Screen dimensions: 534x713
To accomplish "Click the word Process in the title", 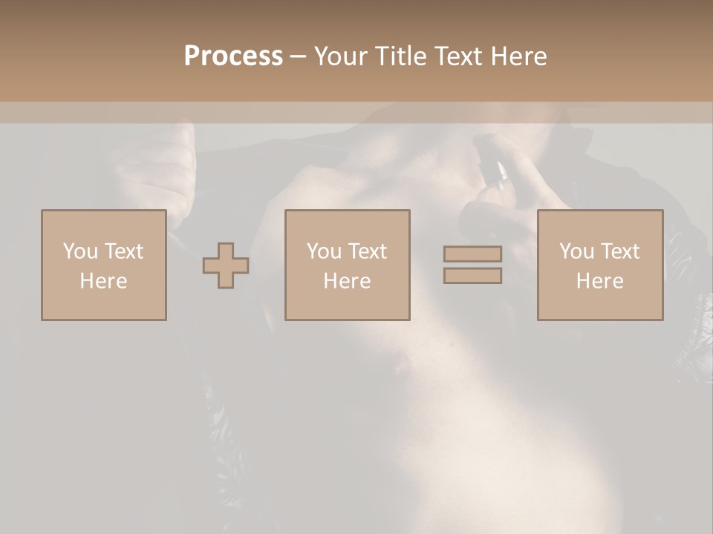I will [233, 56].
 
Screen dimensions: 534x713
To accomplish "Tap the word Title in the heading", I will [400, 56].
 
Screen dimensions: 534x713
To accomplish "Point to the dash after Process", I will [298, 56].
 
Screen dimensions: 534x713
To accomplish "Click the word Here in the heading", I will [518, 56].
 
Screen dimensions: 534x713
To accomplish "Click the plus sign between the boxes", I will [226, 266].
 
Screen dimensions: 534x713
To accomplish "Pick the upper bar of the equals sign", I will [472, 254].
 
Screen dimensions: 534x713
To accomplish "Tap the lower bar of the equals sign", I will [472, 275].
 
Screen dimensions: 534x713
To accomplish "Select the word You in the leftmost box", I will [79, 251].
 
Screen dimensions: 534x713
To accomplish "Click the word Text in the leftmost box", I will [123, 251].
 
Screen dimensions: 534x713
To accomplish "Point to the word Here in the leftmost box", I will [103, 281].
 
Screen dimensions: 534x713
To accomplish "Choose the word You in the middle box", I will [324, 251].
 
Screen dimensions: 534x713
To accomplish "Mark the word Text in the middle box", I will [367, 251].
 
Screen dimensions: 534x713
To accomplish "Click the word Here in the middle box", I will [347, 281].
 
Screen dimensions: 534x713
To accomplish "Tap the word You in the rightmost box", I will [576, 251].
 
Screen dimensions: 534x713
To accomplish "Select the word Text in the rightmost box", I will [619, 251].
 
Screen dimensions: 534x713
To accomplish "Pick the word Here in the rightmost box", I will [599, 281].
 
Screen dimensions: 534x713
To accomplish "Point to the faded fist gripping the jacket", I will [160, 167].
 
